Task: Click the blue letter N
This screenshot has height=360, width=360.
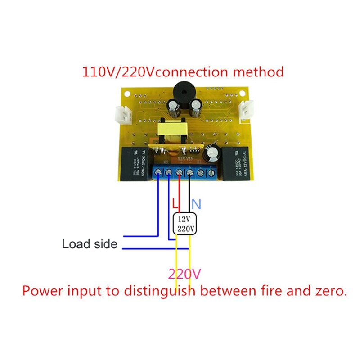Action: (x=197, y=204)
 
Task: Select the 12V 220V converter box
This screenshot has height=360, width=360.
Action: (x=185, y=224)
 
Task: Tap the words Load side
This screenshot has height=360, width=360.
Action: (x=90, y=244)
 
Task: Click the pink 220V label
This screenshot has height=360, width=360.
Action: (x=184, y=274)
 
